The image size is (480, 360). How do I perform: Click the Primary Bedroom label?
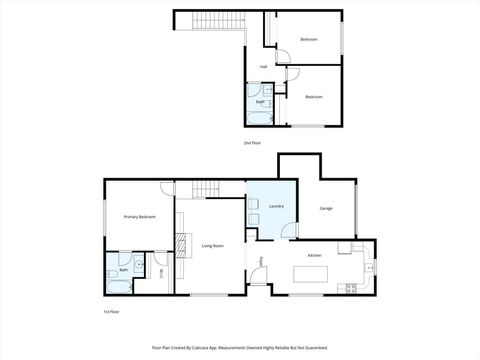139,216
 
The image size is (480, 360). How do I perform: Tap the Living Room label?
212,244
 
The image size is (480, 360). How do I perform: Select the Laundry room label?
276,207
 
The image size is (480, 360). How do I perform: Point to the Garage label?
326,208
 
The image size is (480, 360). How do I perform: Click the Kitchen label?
314,256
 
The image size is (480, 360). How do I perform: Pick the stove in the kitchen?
351,289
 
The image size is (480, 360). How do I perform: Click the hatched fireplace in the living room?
182,240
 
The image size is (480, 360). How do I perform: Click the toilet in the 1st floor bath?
111,272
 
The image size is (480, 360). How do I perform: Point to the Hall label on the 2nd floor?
263,67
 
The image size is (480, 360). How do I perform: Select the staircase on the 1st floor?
206,190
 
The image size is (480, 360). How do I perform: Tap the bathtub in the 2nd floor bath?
259,115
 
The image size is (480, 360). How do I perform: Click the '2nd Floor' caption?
252,143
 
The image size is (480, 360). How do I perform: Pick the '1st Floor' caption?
112,312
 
